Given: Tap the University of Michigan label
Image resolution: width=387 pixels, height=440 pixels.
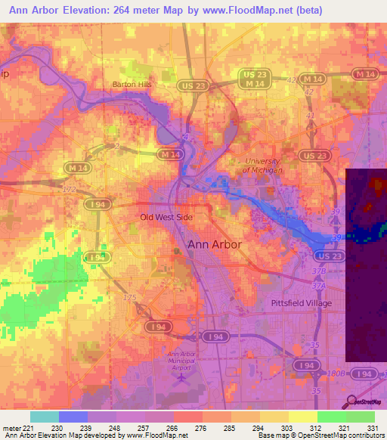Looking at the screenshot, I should pyautogui.click(x=262, y=166).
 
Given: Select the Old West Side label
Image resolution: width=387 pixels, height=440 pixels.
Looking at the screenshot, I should pyautogui.click(x=167, y=217).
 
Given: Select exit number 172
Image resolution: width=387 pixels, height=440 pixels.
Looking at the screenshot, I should pyautogui.click(x=70, y=188).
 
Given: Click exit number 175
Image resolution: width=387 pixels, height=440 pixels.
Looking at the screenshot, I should pyautogui.click(x=130, y=298).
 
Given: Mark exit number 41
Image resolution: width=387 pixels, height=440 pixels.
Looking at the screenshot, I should pyautogui.click(x=310, y=116).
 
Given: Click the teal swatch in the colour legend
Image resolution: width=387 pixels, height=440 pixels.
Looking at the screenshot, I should pyautogui.click(x=45, y=417).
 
